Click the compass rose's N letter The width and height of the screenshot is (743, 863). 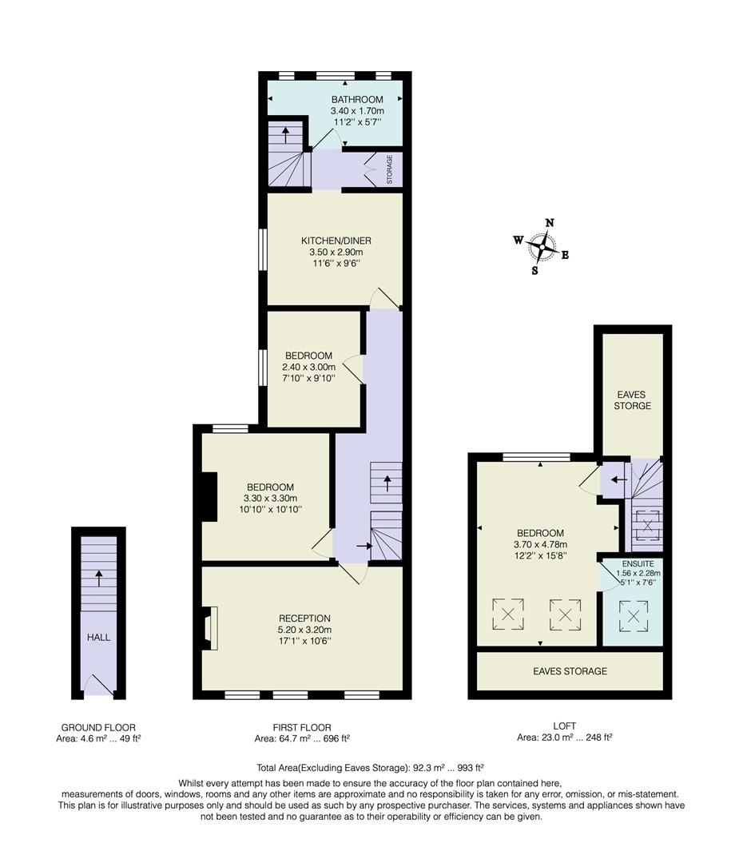click(549, 223)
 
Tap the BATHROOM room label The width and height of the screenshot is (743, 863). click(357, 99)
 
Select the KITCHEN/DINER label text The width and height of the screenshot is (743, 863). click(336, 241)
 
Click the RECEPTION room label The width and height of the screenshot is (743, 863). click(304, 618)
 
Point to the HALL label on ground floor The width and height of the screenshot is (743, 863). click(99, 637)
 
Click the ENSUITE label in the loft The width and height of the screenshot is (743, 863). click(632, 563)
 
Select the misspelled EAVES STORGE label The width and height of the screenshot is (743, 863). click(632, 400)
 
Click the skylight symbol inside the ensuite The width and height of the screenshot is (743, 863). click(632, 616)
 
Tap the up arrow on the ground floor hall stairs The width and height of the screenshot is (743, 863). click(99, 577)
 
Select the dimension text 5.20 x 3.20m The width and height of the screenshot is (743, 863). click(304, 629)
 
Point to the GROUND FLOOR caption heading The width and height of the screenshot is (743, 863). click(98, 727)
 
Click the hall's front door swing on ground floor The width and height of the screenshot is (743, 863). click(99, 685)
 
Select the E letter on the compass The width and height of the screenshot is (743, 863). click(565, 256)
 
